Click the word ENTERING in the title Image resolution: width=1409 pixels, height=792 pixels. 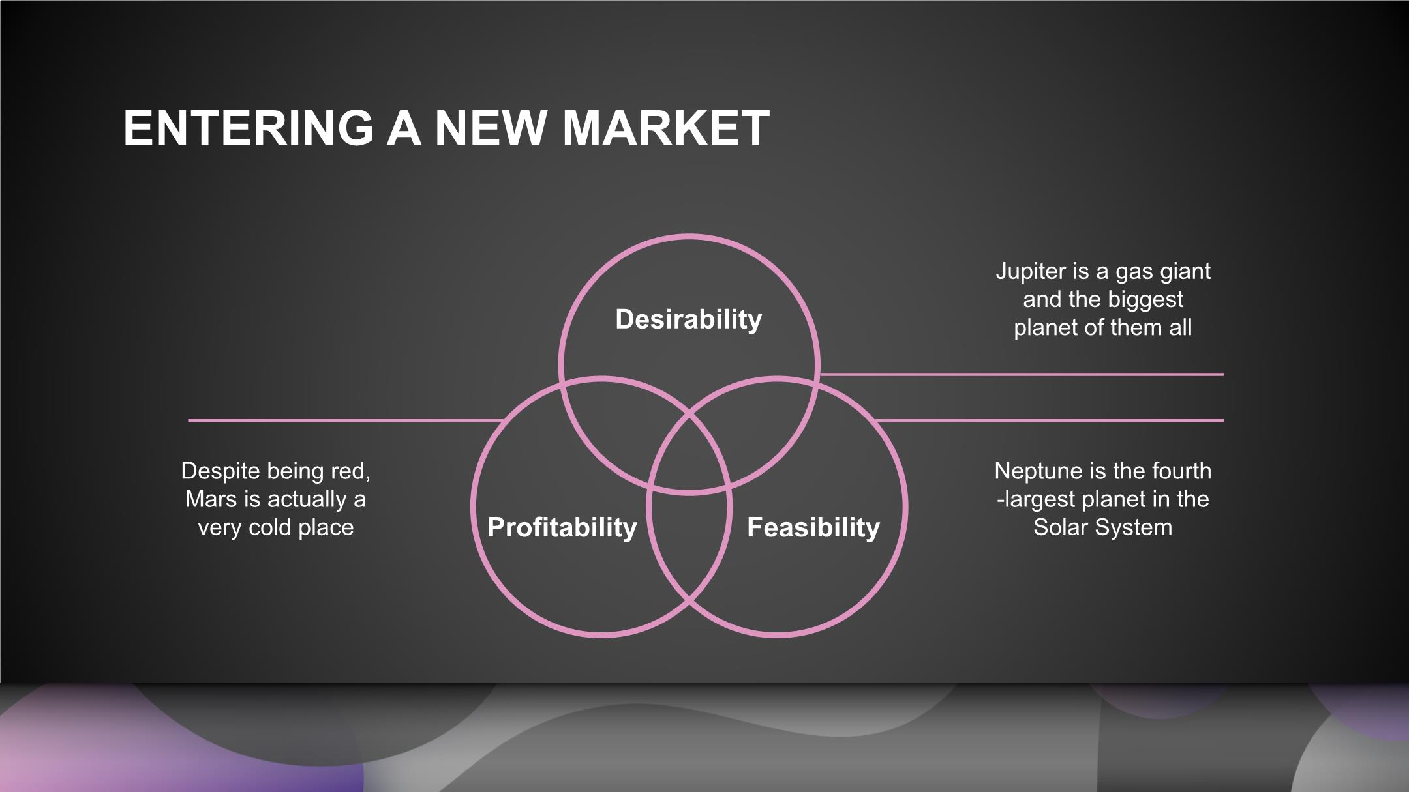[x=249, y=128]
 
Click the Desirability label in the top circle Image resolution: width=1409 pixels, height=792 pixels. [x=689, y=319]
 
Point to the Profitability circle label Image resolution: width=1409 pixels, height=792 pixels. [x=562, y=527]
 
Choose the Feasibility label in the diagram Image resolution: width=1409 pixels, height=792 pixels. [x=813, y=527]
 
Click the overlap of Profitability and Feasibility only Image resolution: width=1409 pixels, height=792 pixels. [x=689, y=541]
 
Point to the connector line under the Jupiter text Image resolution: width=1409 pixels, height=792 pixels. [x=1021, y=374]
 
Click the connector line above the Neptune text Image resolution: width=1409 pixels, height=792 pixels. [x=1050, y=420]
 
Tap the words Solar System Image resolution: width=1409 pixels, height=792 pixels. [x=1102, y=527]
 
